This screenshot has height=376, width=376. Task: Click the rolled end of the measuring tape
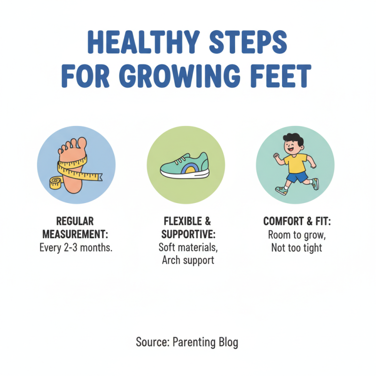click(55, 182)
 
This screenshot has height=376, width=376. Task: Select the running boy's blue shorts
click(298, 177)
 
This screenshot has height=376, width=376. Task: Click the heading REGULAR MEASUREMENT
click(76, 227)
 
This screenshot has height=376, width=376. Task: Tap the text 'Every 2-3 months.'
click(76, 248)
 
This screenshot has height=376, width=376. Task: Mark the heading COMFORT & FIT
click(297, 221)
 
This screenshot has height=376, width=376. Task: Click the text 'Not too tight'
click(297, 247)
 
